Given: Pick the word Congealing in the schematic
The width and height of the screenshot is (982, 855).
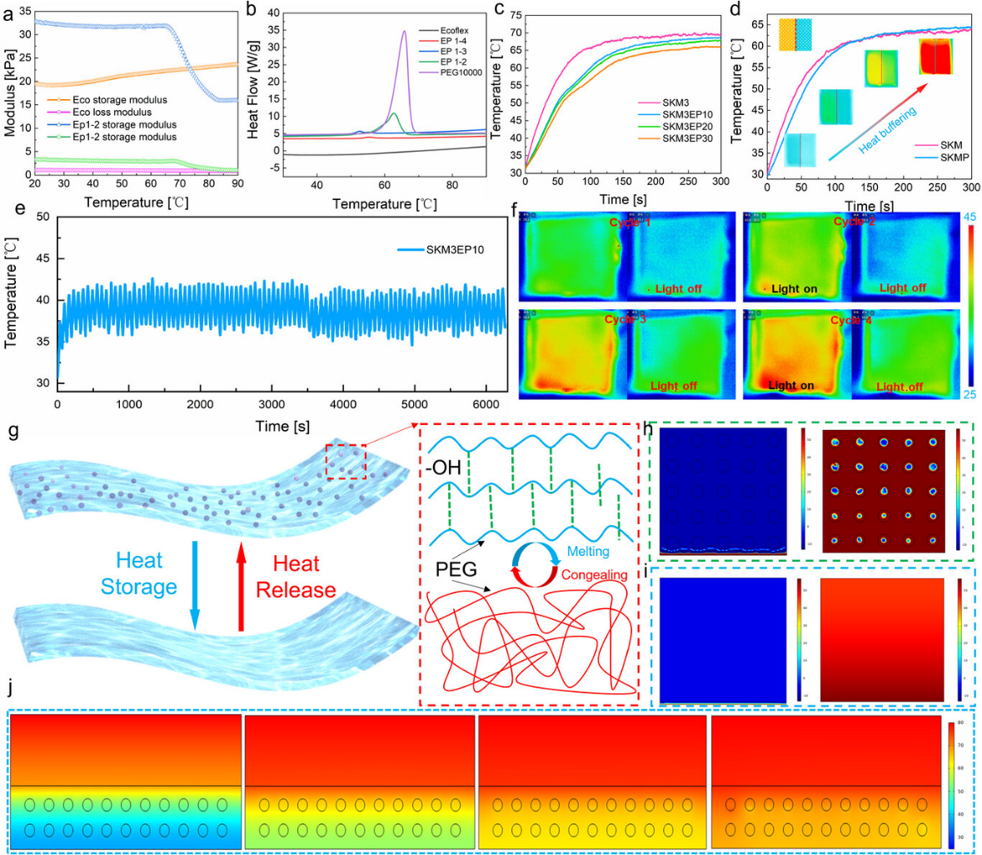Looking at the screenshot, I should pos(596,574).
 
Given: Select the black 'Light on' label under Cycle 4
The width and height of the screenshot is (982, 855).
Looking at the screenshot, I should pos(790,386).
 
